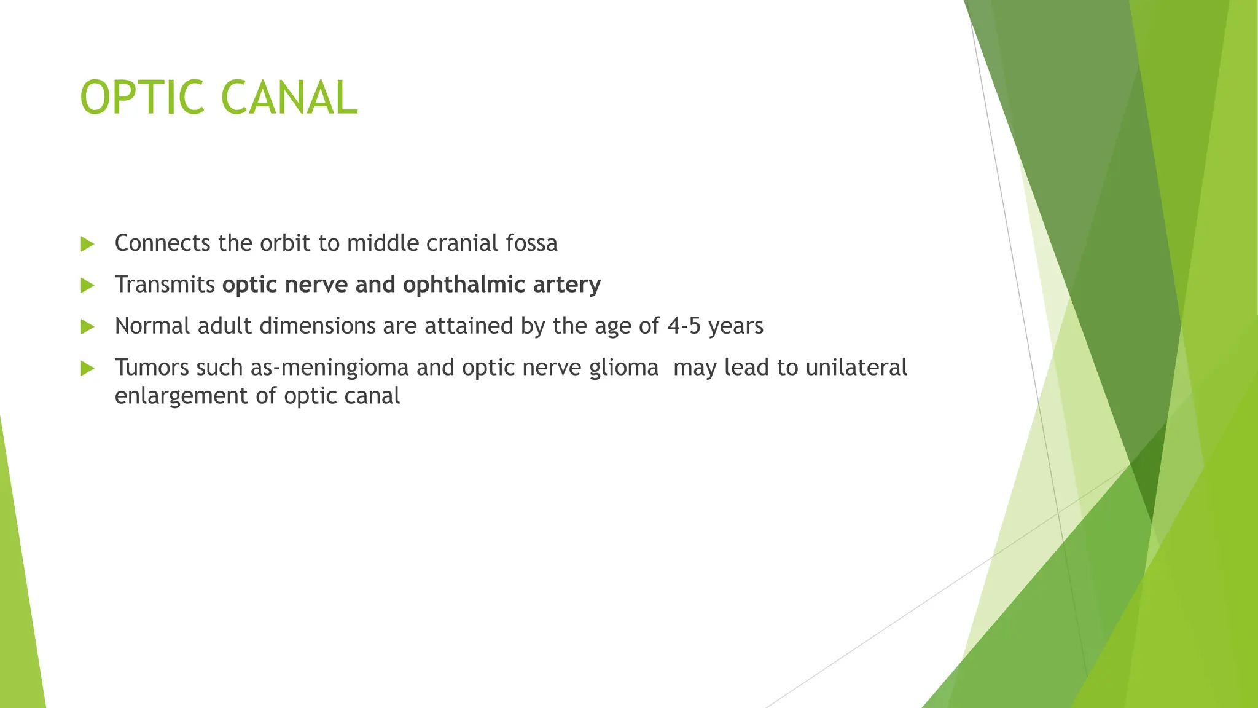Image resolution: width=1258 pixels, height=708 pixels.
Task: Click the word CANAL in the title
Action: click(x=289, y=98)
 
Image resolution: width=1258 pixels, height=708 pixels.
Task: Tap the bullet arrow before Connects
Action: click(x=87, y=244)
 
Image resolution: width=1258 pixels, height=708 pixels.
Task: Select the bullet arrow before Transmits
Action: click(x=87, y=285)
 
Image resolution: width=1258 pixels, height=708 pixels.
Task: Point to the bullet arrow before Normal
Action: click(x=87, y=326)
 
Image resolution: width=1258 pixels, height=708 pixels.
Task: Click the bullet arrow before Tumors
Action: click(x=87, y=368)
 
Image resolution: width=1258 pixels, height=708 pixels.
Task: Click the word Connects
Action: click(x=162, y=243)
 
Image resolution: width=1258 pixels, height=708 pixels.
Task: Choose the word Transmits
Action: click(x=165, y=285)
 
